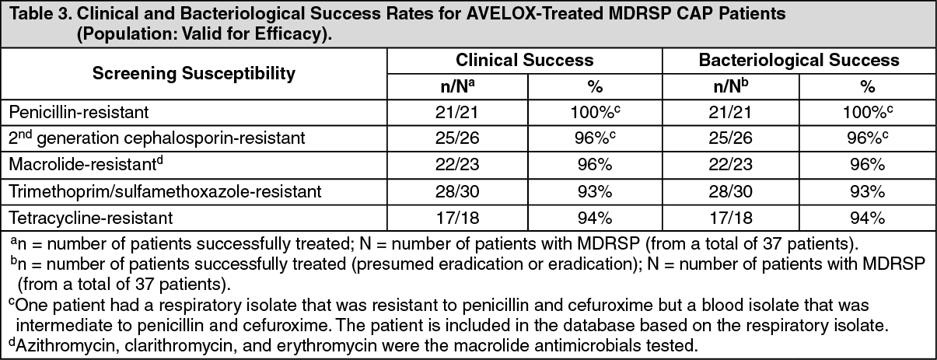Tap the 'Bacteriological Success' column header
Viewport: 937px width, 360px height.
799,60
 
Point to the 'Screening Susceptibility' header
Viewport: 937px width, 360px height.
194,74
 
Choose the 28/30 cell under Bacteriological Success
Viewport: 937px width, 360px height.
730,192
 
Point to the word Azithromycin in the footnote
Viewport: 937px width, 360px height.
56,344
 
